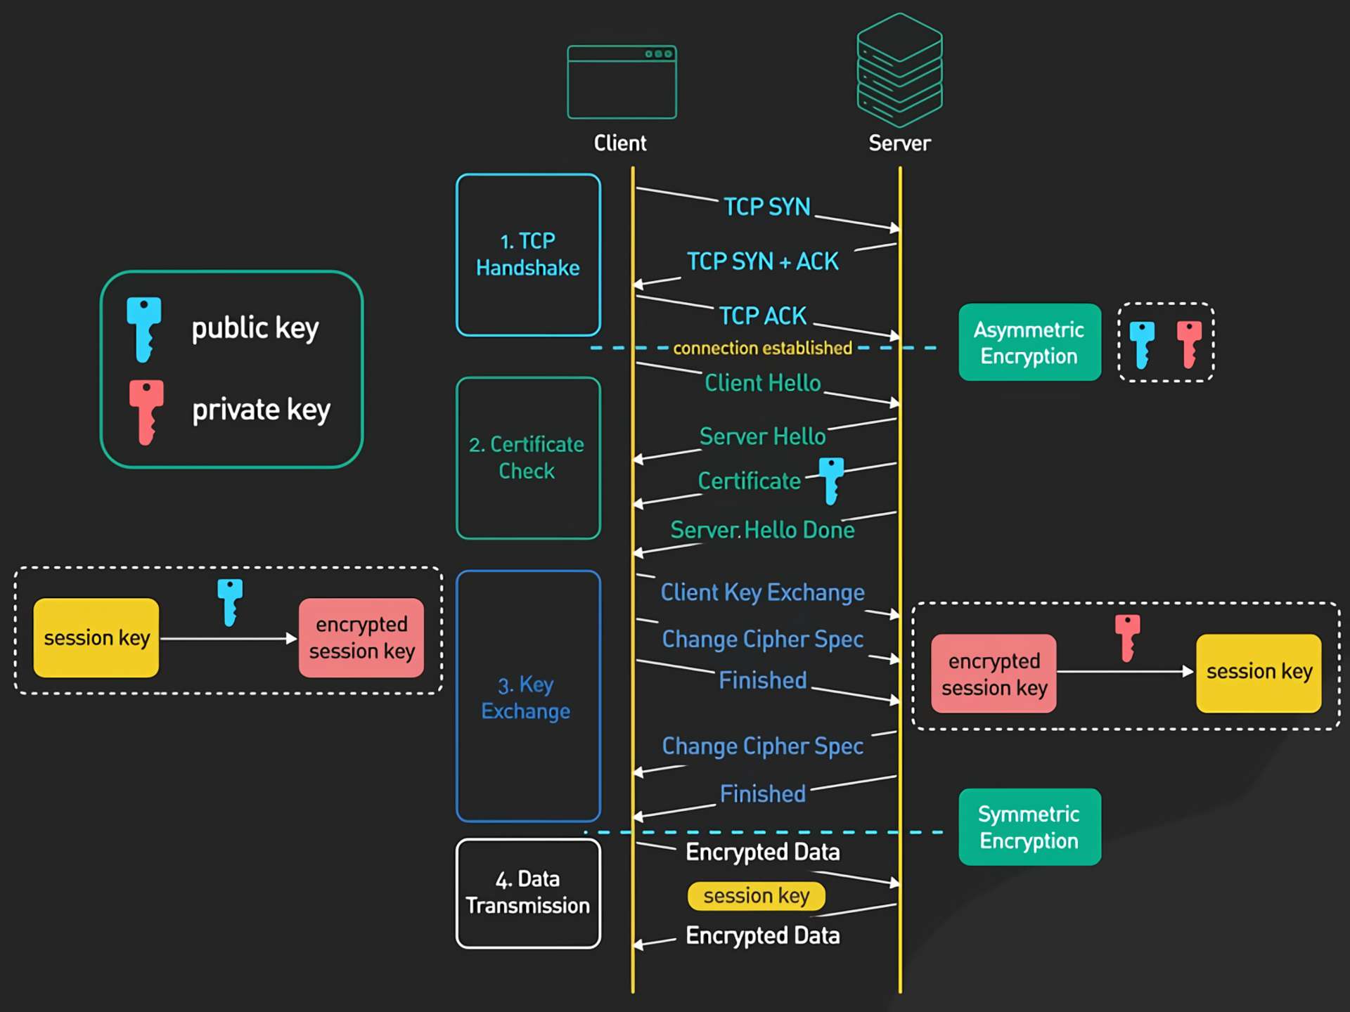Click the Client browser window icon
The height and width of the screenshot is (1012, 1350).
622,82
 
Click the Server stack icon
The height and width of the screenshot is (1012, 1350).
899,70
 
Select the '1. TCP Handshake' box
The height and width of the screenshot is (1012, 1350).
528,254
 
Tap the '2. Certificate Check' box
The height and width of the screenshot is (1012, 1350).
528,458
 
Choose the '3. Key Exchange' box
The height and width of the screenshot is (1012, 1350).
528,696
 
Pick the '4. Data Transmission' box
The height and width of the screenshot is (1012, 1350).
528,893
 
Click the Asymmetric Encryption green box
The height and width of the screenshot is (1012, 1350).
1029,342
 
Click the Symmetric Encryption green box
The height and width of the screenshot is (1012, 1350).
1029,826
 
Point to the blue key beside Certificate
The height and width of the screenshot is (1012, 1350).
831,480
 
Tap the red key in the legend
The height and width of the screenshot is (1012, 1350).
146,412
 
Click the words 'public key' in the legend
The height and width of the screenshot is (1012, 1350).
255,328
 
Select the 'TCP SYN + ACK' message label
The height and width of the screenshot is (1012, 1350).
762,261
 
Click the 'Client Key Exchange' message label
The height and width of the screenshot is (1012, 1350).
762,592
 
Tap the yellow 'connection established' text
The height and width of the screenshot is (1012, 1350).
762,348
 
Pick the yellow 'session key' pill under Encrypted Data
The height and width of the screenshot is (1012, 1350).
756,895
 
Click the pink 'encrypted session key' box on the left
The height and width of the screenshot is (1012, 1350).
361,637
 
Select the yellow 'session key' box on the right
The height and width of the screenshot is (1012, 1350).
1259,673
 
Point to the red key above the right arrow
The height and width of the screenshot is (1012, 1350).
1127,637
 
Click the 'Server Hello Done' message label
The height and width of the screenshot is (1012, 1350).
762,530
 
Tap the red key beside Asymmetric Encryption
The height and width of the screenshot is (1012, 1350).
1189,344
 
